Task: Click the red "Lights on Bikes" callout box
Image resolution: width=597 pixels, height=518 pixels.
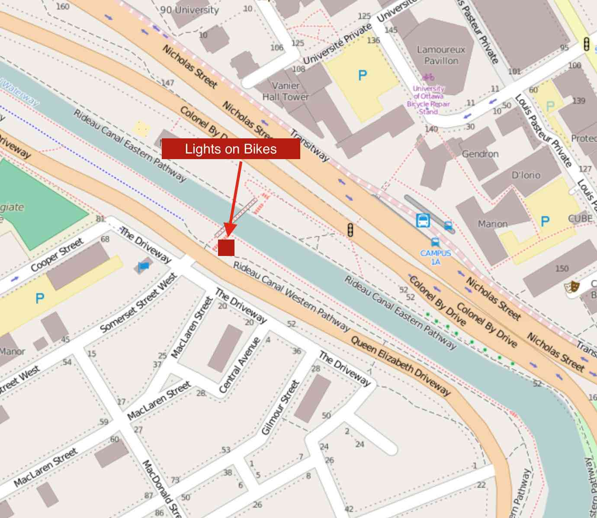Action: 231,149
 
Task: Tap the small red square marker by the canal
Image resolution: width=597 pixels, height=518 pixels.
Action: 226,247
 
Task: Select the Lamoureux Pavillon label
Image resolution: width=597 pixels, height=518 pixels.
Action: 441,55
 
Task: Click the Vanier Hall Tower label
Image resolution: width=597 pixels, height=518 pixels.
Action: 286,91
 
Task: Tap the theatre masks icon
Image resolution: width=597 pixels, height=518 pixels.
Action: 572,286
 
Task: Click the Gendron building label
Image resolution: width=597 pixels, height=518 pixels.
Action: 480,154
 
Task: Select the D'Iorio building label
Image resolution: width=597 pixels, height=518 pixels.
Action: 526,175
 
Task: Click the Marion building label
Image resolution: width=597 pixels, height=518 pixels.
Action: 492,224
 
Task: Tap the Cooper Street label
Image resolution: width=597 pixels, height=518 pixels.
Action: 57,255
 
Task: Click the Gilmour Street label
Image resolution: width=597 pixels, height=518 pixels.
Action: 281,407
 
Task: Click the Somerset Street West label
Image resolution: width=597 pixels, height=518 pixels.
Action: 138,303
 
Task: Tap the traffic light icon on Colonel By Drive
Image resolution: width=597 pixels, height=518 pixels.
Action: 350,230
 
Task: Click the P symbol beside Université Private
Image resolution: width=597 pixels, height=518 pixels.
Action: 363,76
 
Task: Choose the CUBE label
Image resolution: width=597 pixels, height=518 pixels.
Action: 580,218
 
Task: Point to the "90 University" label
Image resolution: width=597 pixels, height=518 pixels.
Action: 189,10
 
